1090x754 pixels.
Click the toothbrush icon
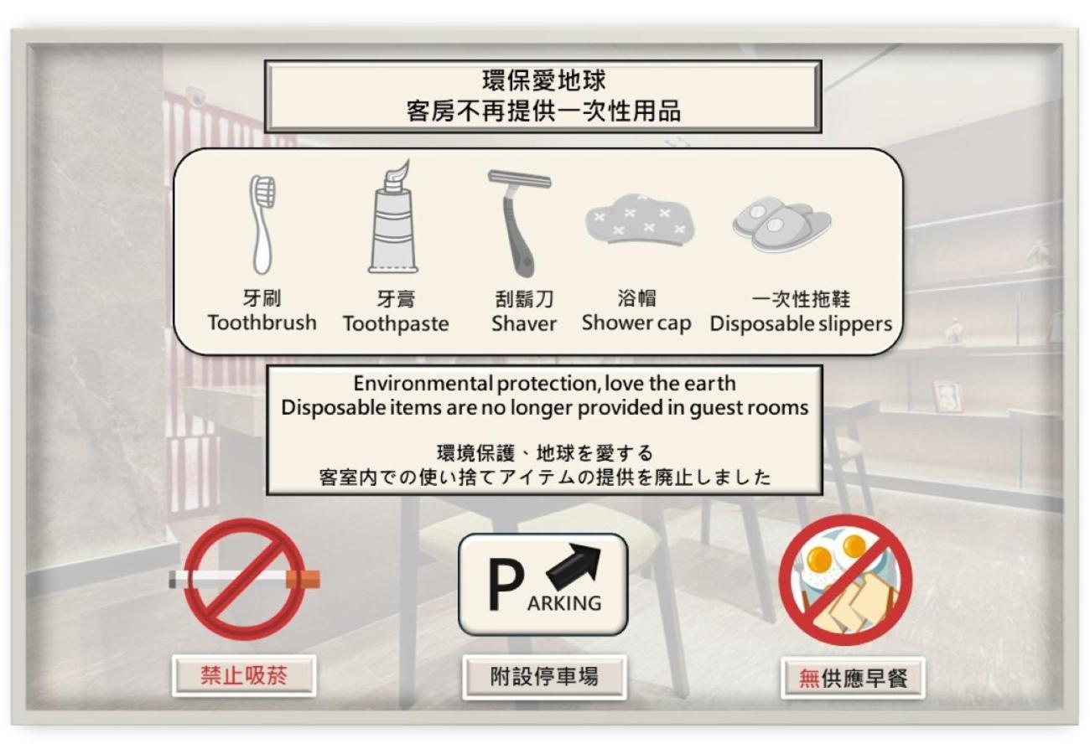pos(262,225)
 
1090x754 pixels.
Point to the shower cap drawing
pos(641,220)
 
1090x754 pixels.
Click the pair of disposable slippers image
pos(782,224)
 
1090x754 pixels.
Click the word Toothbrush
pos(262,323)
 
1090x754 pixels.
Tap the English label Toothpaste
pos(396,324)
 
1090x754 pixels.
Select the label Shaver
pos(523,323)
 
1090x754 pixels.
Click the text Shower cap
pos(636,323)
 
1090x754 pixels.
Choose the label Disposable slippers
pos(801,324)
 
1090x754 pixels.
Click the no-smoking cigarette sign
pos(245,579)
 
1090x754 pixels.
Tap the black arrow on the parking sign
pos(574,564)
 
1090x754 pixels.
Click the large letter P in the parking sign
pos(506,584)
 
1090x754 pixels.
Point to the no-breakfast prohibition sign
pos(846,580)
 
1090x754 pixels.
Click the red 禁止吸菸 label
pos(244,676)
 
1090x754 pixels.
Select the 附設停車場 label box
pos(544,677)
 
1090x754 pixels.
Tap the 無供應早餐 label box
pos(853,678)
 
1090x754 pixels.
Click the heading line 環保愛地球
pos(543,80)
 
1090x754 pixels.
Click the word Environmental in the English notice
pos(423,384)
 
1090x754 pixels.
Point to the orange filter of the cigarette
pos(304,580)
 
